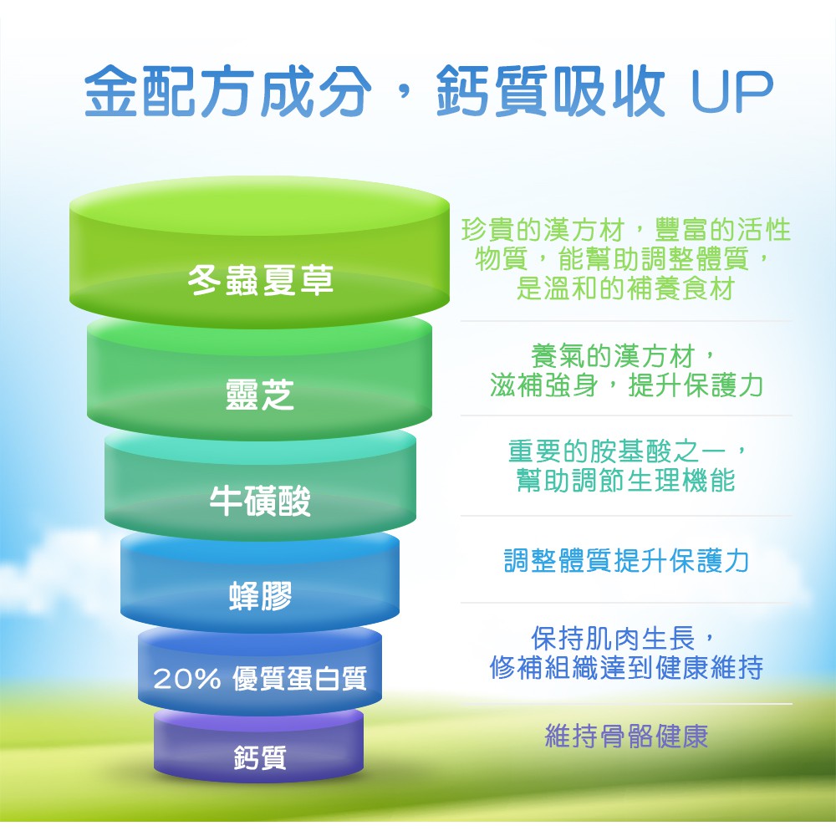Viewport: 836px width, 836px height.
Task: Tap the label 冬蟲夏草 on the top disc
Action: pos(261,280)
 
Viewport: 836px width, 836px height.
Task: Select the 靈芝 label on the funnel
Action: pos(260,395)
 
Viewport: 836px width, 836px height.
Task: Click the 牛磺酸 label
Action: pos(260,501)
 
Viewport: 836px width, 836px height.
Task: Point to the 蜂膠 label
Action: pos(261,595)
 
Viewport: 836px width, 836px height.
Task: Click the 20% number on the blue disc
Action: pos(187,679)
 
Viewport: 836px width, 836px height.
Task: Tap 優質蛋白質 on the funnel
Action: pos(299,679)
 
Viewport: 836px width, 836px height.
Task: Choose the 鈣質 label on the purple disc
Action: pos(260,757)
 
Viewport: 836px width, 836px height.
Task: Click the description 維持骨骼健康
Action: pos(626,737)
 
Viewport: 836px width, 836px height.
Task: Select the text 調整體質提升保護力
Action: pos(626,560)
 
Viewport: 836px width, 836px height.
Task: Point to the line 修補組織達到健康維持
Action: pos(626,667)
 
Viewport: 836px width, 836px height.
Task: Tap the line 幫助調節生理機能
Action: pos(626,480)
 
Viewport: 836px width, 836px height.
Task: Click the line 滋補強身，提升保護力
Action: pos(626,385)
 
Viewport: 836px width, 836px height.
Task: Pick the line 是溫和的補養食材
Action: pos(626,288)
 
